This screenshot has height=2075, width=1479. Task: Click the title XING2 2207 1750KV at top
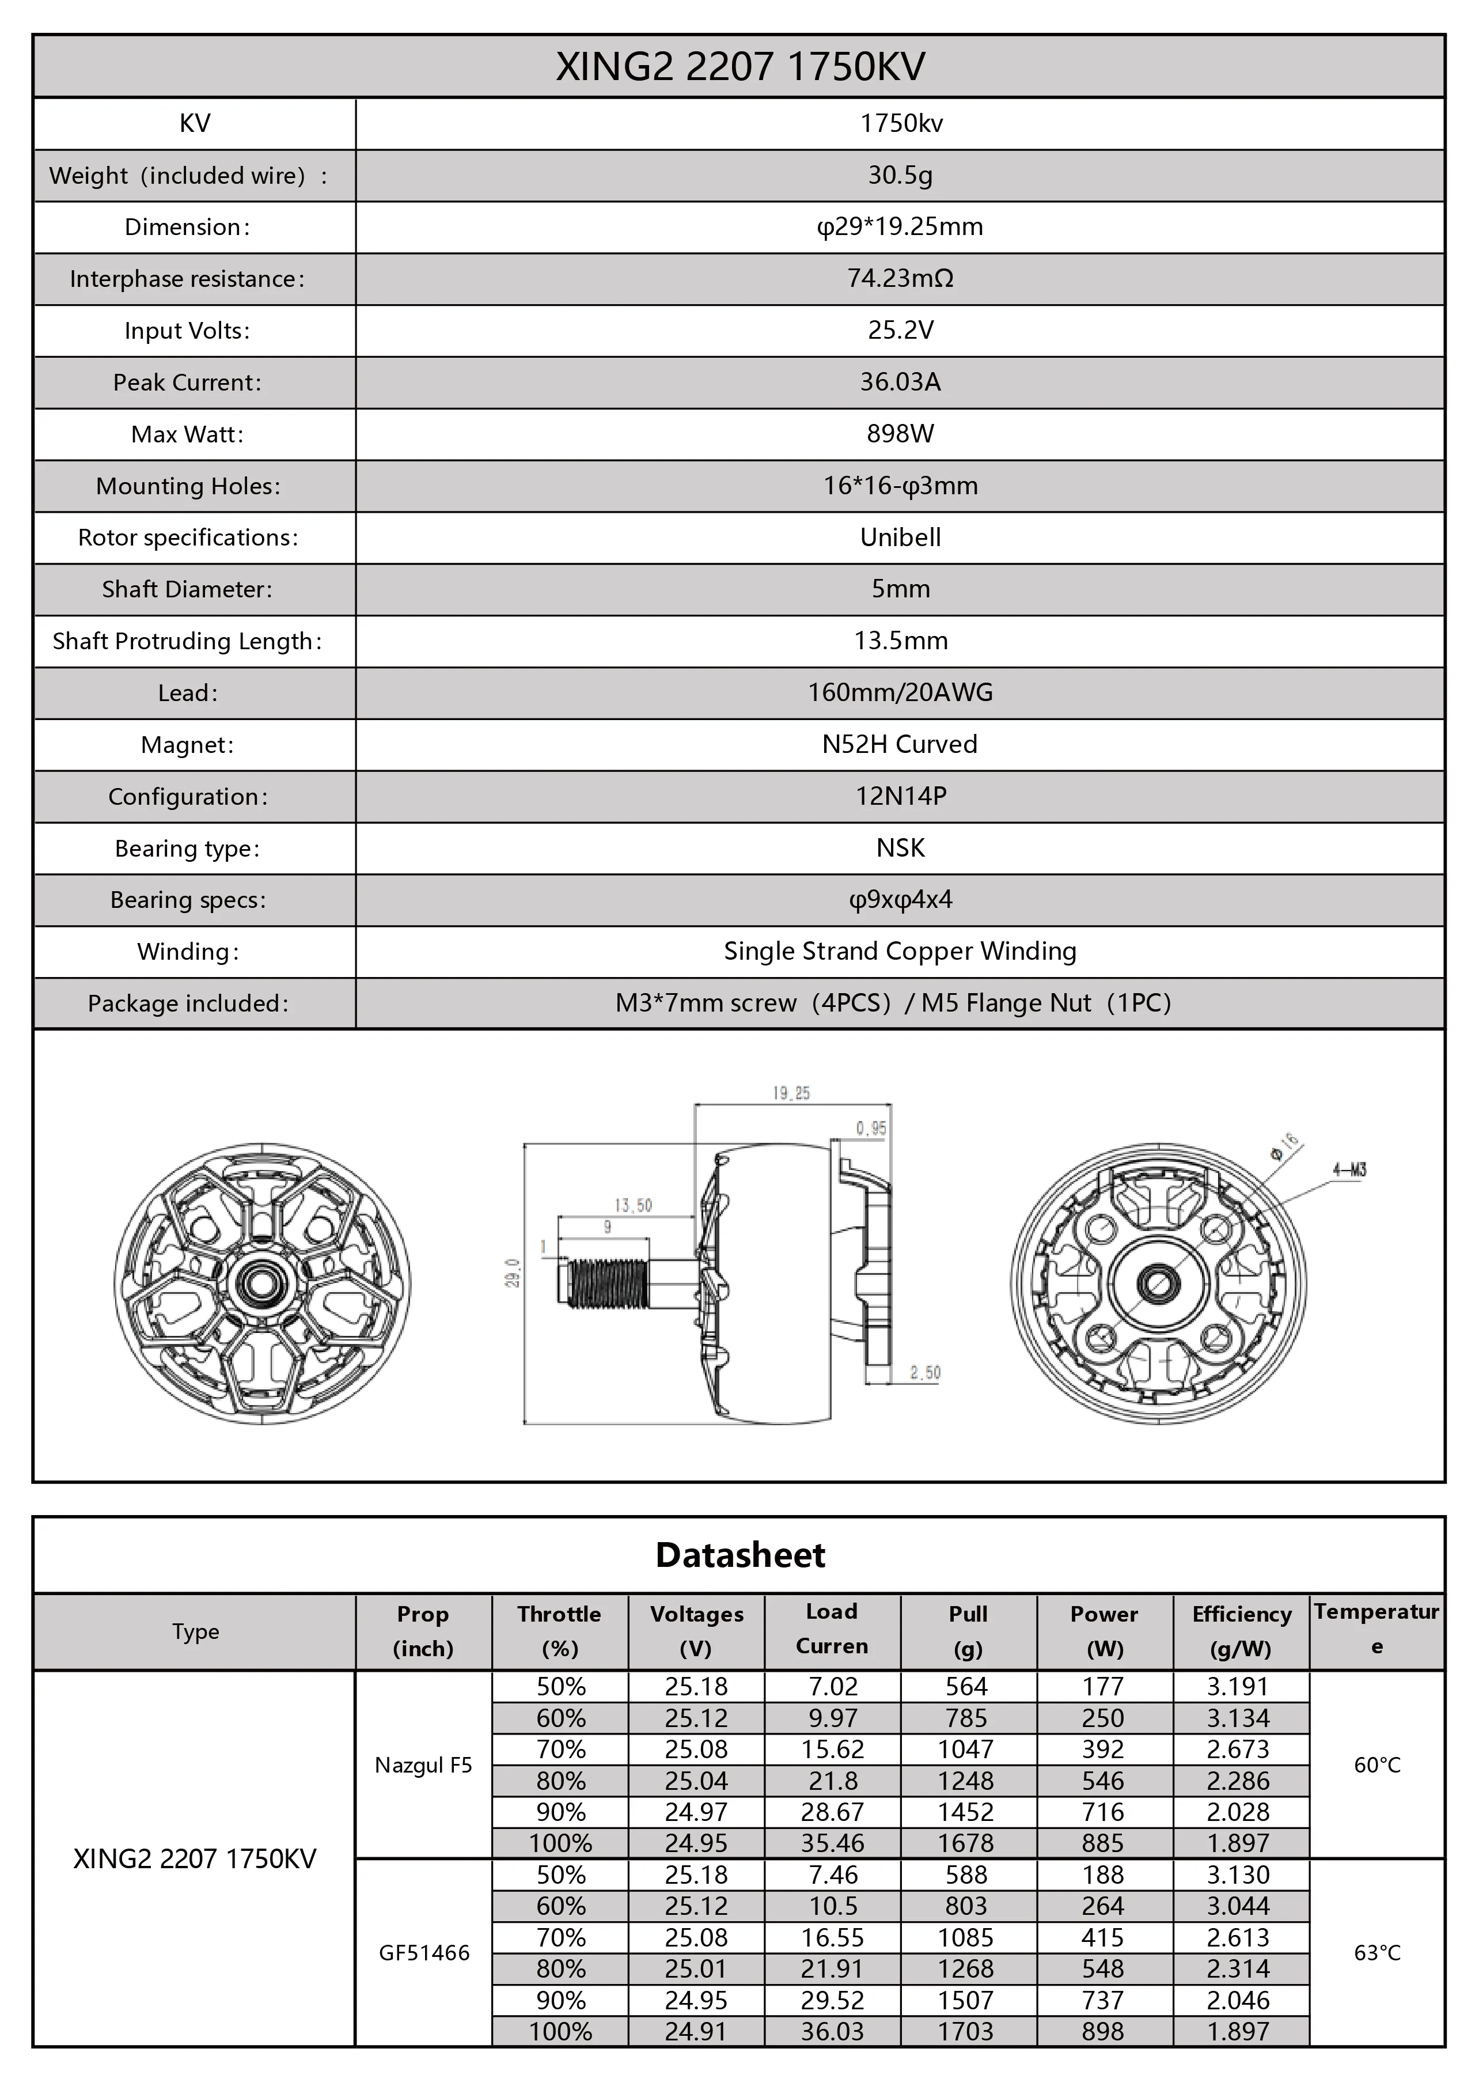pyautogui.click(x=739, y=66)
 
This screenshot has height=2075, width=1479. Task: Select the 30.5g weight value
pyautogui.click(x=900, y=175)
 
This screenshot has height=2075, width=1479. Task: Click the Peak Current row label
pyautogui.click(x=188, y=383)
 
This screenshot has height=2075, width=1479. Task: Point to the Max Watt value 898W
pyautogui.click(x=900, y=434)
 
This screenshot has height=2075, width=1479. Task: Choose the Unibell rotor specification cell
pyautogui.click(x=900, y=537)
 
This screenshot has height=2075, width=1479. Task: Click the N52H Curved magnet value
pyautogui.click(x=900, y=744)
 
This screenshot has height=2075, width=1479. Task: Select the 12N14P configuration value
pyautogui.click(x=900, y=796)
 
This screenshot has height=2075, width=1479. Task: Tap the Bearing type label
pyautogui.click(x=188, y=848)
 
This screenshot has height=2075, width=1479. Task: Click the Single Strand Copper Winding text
pyautogui.click(x=900, y=951)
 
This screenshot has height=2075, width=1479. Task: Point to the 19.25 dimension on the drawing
pyautogui.click(x=791, y=1093)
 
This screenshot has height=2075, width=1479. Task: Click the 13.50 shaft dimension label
pyautogui.click(x=633, y=1205)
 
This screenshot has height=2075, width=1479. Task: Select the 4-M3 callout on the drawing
pyautogui.click(x=1349, y=1169)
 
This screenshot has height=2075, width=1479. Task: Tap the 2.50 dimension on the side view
pyautogui.click(x=924, y=1373)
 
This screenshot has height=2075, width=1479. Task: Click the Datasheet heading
pyautogui.click(x=739, y=1555)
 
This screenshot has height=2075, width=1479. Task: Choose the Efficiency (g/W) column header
pyautogui.click(x=1241, y=1630)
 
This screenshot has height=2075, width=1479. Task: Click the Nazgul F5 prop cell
pyautogui.click(x=423, y=1764)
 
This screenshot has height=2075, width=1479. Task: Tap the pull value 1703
pyautogui.click(x=966, y=2031)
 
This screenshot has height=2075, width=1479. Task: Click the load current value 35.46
pyautogui.click(x=832, y=1843)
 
